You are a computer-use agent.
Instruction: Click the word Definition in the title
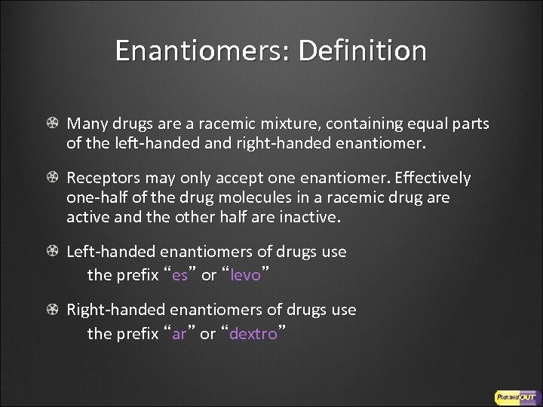(362, 51)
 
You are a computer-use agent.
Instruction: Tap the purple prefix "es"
(180, 275)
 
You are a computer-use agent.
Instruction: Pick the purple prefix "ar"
(179, 334)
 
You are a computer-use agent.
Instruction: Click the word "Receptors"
(102, 179)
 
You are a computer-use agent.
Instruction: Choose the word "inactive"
(310, 218)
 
